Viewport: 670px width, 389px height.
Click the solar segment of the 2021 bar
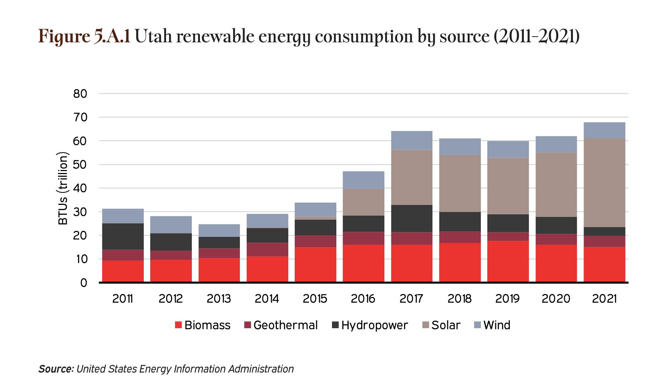point(604,183)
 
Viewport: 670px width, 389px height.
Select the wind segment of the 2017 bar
point(412,140)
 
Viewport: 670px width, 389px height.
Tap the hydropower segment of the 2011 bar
point(123,236)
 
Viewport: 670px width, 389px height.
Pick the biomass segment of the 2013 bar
point(219,270)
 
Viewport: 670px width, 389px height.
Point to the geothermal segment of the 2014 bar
point(267,250)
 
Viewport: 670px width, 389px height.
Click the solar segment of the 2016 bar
point(363,202)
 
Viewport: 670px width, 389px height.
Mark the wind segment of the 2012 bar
point(171,225)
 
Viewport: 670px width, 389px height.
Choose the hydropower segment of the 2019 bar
point(508,223)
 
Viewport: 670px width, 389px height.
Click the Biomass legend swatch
point(178,325)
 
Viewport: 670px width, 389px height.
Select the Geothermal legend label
point(285,325)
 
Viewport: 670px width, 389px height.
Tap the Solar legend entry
point(441,325)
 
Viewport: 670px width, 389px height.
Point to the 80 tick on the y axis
point(80,94)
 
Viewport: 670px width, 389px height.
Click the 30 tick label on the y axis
point(80,212)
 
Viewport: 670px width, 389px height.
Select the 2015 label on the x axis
point(315,299)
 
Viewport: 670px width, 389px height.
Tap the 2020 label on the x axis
point(556,299)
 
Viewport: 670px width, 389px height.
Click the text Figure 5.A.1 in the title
point(84,37)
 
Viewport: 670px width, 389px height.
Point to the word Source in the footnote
point(55,369)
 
